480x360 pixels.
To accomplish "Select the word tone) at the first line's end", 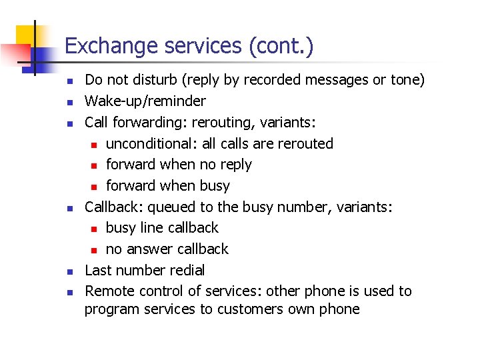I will coord(407,80).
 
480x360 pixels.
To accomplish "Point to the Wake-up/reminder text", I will coord(145,101).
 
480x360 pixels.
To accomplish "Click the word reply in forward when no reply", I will coord(234,165).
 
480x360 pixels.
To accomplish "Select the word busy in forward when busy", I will coord(215,186).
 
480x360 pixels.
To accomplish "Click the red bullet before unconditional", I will coord(95,145).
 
